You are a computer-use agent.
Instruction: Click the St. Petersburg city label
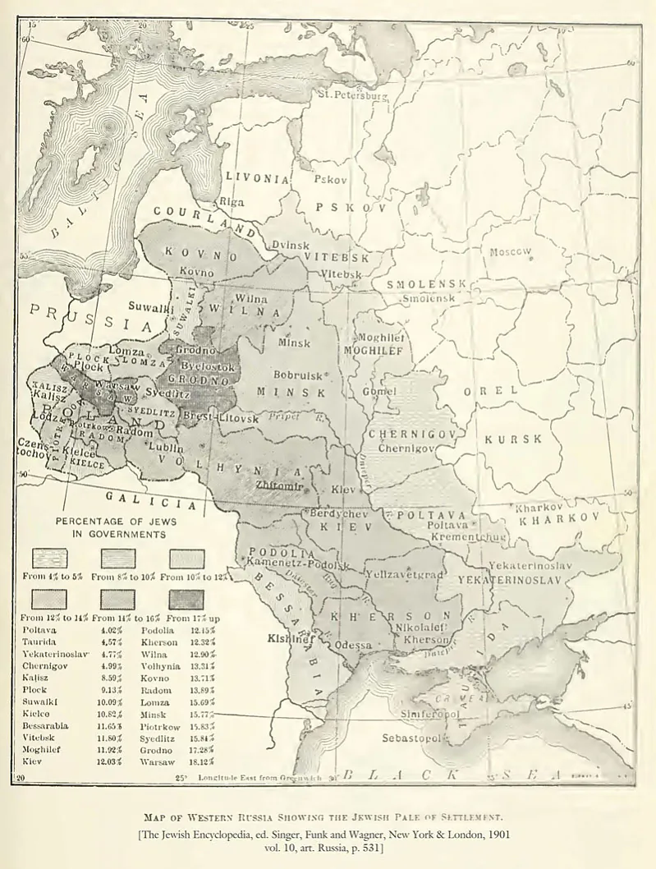[352, 95]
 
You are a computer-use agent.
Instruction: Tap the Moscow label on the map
[511, 251]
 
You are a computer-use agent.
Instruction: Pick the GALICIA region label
[149, 499]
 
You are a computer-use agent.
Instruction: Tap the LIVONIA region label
[258, 178]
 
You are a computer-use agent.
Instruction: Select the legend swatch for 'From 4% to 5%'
[49, 559]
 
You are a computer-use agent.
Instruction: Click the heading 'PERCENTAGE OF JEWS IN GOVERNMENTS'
[115, 527]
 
